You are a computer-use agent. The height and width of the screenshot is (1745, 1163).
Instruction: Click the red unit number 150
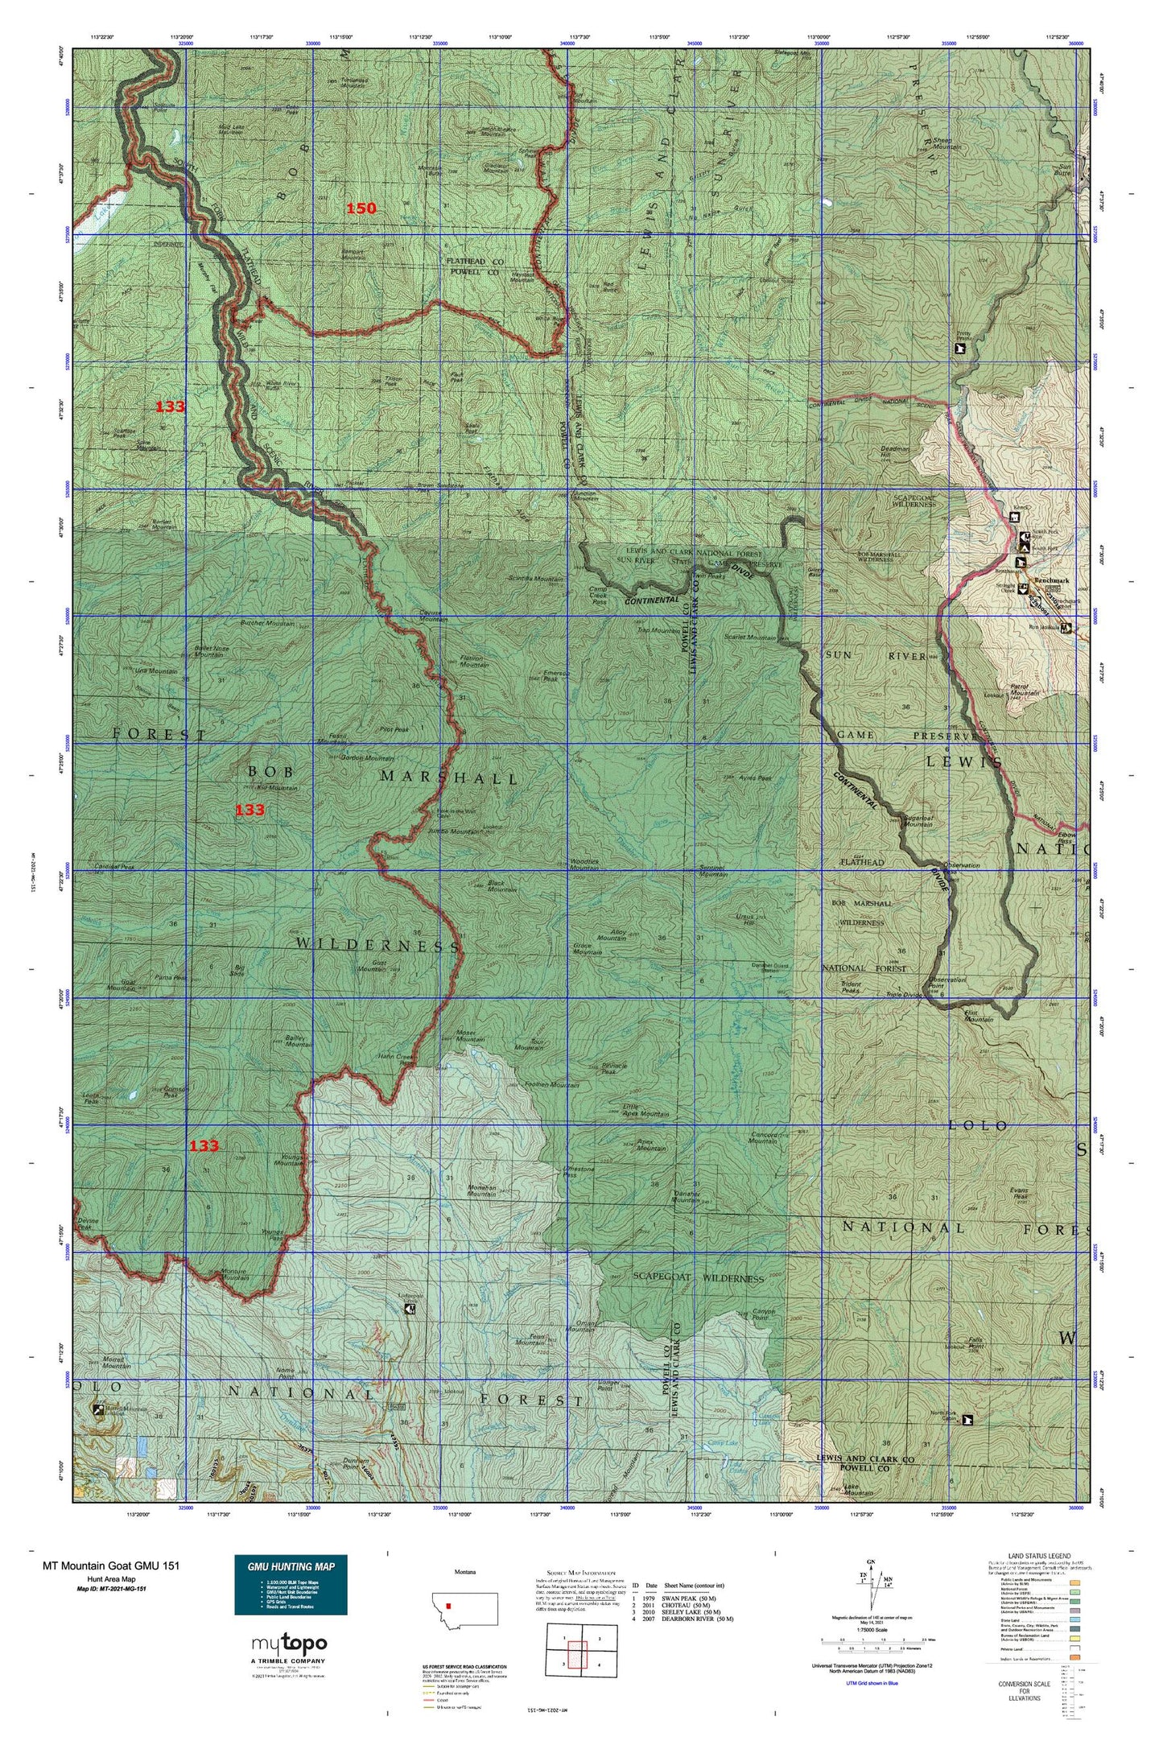coord(361,208)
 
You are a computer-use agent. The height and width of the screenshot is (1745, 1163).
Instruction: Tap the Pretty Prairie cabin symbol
coord(959,349)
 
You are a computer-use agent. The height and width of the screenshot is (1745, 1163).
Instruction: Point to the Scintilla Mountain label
coord(534,579)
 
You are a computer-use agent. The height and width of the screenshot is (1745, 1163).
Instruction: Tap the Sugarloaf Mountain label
coord(918,820)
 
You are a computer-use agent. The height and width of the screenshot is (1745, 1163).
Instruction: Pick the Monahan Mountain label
coord(482,1191)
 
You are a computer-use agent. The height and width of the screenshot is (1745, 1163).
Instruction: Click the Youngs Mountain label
coord(289,1160)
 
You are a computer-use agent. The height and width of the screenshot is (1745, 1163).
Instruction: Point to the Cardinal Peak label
coord(114,867)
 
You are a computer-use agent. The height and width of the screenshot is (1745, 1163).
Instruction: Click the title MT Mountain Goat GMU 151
coord(111,1566)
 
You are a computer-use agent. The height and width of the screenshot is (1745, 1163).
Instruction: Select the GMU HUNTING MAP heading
coord(291,1566)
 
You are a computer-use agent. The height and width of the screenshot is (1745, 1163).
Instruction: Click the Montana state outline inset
coord(464,1609)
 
